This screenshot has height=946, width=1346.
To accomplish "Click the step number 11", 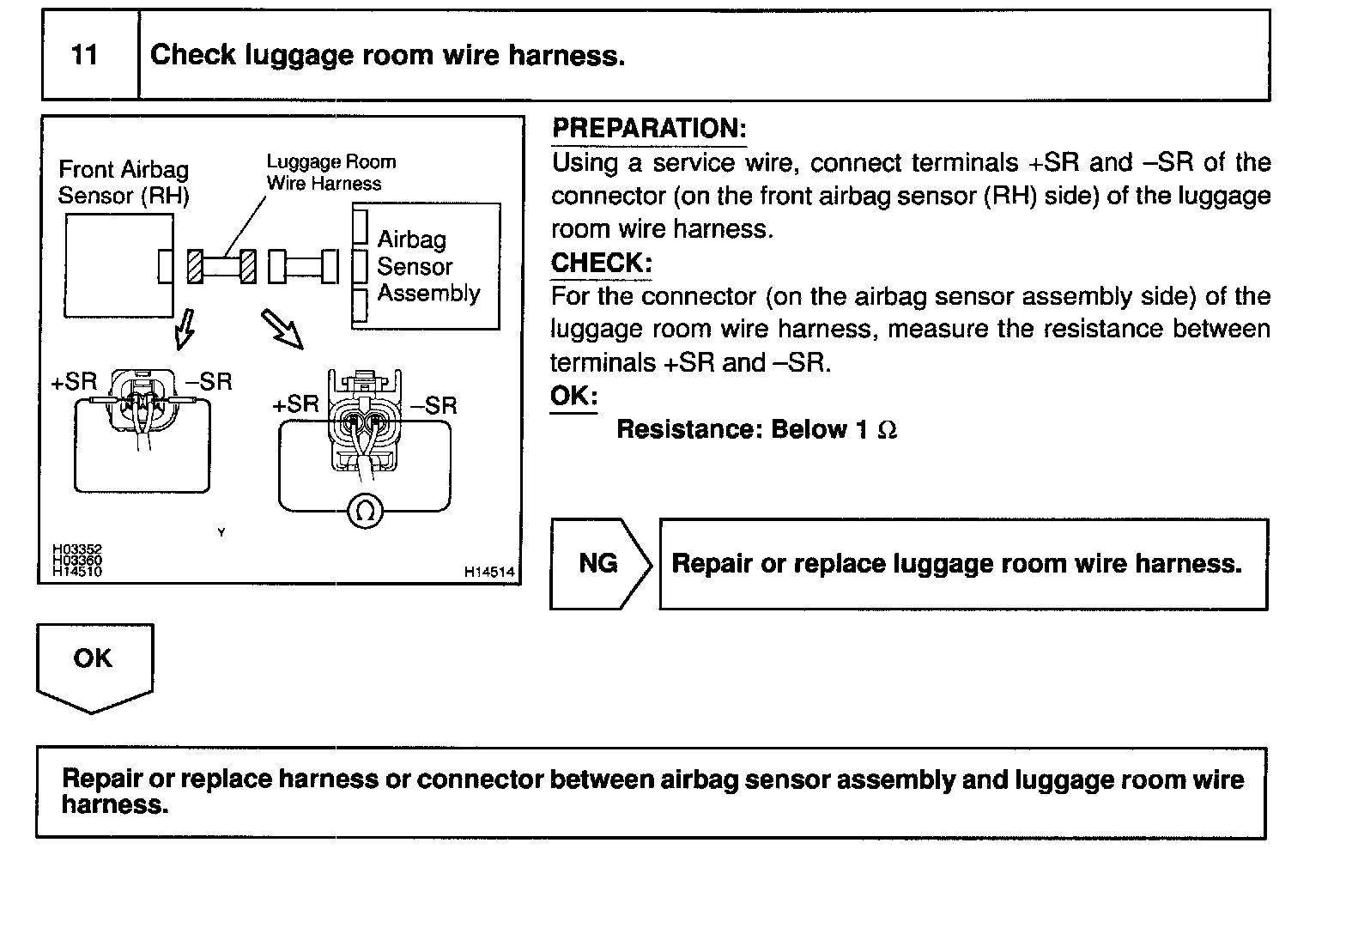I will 84,56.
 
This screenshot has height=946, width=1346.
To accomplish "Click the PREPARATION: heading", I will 649,129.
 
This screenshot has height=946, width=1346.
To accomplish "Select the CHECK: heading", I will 601,263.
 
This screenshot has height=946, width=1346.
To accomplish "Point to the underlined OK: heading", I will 573,397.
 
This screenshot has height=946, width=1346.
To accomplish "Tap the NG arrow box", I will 599,564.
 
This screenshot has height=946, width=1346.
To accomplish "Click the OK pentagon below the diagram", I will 94,663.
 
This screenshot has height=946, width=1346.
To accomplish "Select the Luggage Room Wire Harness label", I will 330,173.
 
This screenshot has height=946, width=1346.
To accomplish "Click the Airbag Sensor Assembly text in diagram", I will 427,266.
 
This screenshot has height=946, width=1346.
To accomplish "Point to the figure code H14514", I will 489,572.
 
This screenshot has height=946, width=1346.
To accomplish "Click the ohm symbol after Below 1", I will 888,430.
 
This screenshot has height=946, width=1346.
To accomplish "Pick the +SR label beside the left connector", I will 74,382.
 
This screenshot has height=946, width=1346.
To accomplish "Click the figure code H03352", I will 77,549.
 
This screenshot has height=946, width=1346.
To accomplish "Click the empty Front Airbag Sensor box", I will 118,265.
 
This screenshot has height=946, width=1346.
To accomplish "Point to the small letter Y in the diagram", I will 221,533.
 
